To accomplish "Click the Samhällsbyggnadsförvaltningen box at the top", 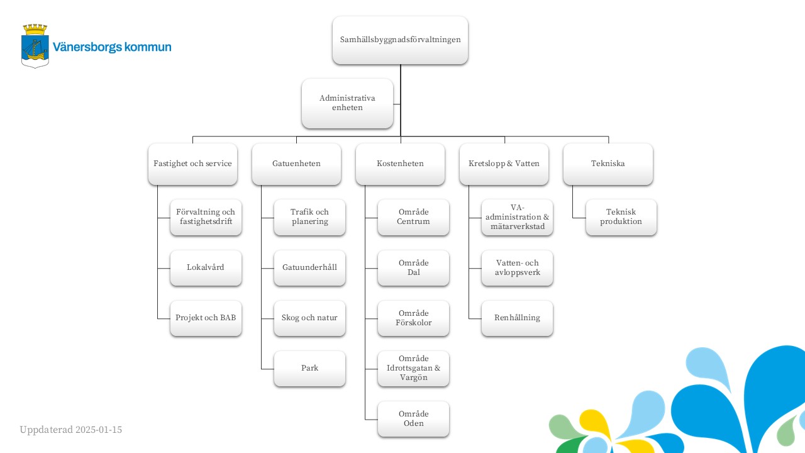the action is coord(400,40).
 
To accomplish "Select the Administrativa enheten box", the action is coord(347,104).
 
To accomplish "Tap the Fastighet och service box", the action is coord(192,164).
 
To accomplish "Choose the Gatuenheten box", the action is coord(296,164).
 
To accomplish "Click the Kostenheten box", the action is coord(400,164).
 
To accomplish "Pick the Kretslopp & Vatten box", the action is coord(504,164).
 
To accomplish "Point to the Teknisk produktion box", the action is coord(621,217).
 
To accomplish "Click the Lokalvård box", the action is coord(206,268).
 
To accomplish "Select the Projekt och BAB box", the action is coord(206,318).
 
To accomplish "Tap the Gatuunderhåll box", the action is coord(309,268).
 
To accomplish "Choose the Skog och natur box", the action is coord(309,318).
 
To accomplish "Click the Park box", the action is coord(309,369).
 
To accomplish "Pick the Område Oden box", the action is coord(413,419).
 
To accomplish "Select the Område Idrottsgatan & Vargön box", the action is coord(413,369).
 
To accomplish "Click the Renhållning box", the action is coord(517,318).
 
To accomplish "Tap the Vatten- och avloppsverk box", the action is coord(517,268).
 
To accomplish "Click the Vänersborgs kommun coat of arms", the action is coord(35,46).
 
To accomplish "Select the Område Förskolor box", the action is coord(413,318).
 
